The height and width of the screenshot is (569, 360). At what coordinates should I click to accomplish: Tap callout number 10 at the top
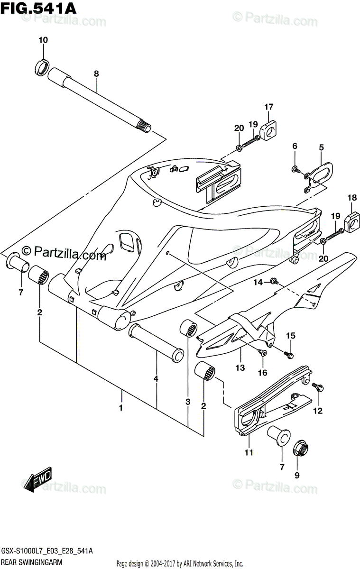pos(43,40)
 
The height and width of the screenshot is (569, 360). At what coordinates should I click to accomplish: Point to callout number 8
pos(96,73)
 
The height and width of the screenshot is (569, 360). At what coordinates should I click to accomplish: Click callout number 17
pos(269,107)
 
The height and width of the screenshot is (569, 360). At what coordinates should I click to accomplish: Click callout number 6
pos(295,146)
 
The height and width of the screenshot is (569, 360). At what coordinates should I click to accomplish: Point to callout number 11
pos(249,453)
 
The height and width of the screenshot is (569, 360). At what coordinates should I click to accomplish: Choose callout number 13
pos(240,367)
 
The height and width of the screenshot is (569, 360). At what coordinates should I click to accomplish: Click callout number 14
pos(258,282)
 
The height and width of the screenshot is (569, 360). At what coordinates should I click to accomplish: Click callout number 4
pos(156,379)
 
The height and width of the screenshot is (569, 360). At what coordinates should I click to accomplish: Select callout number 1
pos(120,407)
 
